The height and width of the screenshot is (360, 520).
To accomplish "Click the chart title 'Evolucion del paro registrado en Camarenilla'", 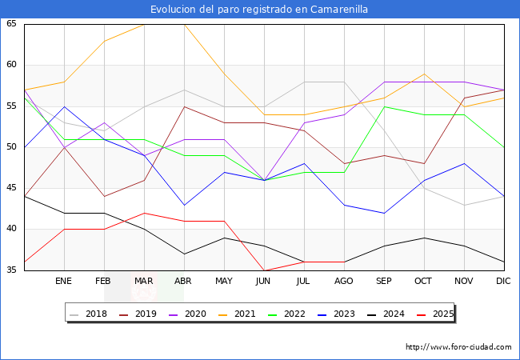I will (x=259, y=10).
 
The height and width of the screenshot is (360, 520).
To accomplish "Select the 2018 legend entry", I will (x=90, y=314).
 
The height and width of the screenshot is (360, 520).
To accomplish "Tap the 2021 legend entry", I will (x=239, y=314).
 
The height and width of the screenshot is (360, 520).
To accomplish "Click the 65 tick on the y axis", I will (x=11, y=24).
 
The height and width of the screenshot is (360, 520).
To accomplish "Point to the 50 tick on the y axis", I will (x=11, y=147).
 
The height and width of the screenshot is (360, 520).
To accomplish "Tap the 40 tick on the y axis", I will (x=11, y=230).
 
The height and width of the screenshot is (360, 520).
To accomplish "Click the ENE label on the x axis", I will (x=64, y=282).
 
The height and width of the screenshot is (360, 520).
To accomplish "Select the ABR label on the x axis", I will (x=184, y=282).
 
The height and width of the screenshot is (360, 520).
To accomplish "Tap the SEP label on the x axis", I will (x=384, y=282).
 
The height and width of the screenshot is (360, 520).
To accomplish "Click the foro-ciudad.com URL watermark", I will (x=458, y=347).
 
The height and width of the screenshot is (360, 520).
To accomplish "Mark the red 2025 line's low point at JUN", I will (x=264, y=270).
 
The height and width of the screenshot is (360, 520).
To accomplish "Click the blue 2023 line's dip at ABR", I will (x=184, y=205).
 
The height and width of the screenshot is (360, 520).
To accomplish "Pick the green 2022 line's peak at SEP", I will (x=384, y=106).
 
